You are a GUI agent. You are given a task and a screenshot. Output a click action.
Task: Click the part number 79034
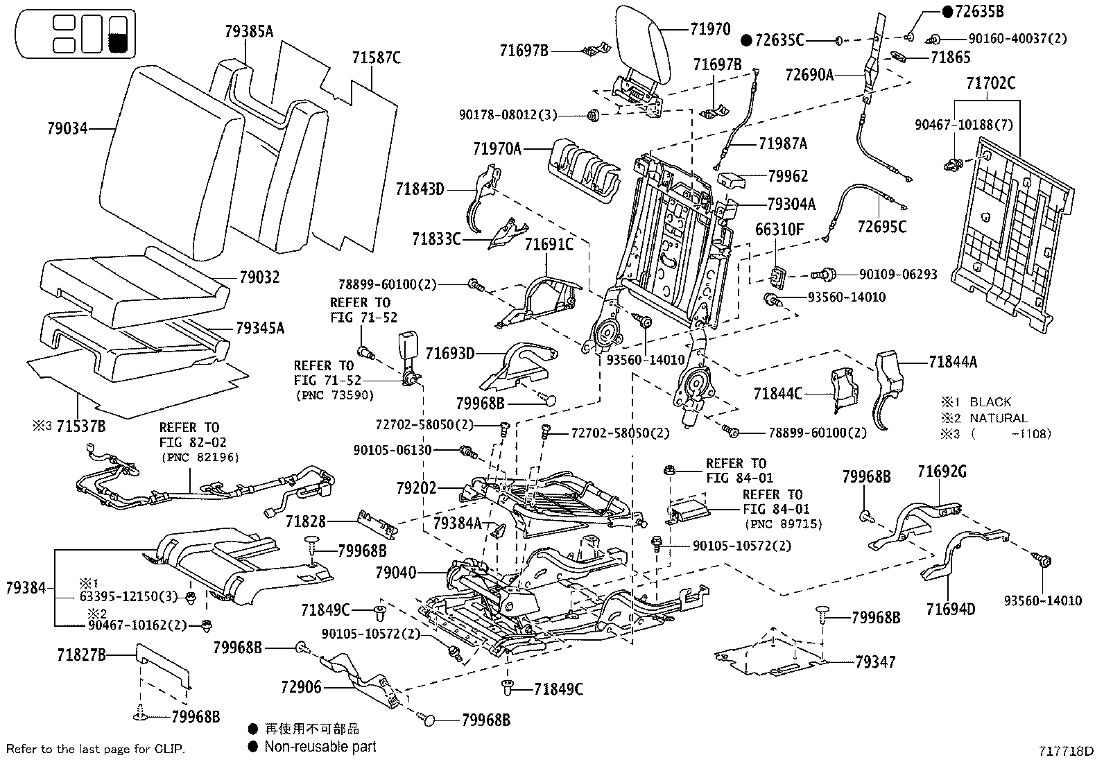67,128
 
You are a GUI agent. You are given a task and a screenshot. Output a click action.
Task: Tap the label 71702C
991,84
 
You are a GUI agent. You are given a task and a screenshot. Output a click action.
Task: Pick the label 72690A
809,75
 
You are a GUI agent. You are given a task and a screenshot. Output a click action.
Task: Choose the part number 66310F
779,230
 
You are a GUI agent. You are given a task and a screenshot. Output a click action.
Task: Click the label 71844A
954,361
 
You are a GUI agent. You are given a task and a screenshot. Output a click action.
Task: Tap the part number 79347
875,662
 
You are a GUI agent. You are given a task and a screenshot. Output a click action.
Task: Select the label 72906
301,687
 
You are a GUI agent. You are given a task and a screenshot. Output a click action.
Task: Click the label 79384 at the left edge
26,588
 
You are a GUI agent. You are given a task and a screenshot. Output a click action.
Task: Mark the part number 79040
395,573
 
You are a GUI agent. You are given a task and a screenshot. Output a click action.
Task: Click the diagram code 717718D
1065,751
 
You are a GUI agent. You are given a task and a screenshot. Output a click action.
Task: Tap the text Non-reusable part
320,746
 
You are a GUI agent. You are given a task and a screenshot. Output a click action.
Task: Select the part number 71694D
950,609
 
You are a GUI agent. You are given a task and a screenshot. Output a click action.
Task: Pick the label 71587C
376,58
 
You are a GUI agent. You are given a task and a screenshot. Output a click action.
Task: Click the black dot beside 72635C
746,40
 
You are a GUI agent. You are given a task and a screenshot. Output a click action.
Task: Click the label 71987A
783,144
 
